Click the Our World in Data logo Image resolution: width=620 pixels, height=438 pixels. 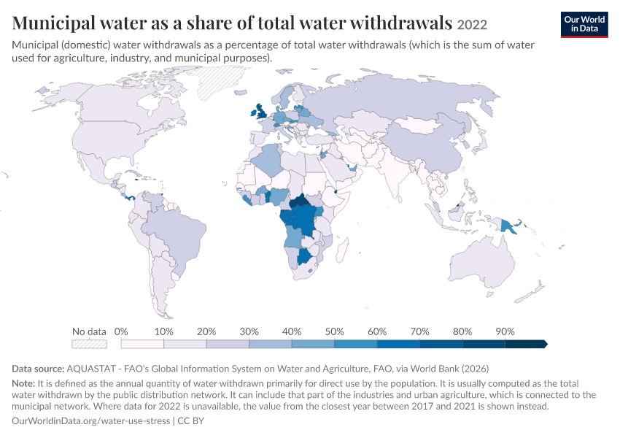[584, 25]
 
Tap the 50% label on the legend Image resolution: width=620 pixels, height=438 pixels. [334, 331]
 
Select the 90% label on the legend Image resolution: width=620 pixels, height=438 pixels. [505, 331]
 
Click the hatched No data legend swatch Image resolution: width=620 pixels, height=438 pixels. [90, 345]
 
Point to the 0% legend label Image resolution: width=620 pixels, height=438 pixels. [121, 331]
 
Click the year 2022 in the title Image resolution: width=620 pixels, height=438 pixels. [472, 25]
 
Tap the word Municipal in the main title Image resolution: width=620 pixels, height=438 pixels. [53, 23]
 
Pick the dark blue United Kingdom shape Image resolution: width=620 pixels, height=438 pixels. [260, 112]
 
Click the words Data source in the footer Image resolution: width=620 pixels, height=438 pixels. [38, 369]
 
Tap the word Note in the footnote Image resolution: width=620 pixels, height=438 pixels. [23, 383]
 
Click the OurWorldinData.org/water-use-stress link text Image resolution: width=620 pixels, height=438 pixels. [91, 420]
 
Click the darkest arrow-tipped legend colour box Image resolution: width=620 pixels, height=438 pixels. [527, 345]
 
